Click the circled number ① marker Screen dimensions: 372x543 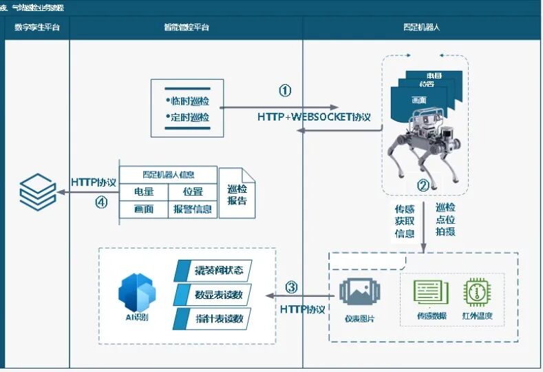(x=285, y=91)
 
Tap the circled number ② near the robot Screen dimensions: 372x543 (x=423, y=185)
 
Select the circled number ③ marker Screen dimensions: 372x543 (x=291, y=287)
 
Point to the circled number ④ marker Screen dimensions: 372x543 (x=101, y=203)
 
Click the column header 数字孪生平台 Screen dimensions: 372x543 (x=37, y=28)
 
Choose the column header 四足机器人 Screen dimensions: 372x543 (x=422, y=28)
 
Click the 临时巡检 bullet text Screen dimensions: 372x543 (x=189, y=101)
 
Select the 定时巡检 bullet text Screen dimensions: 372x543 (x=189, y=118)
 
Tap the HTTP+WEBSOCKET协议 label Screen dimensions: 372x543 (x=314, y=117)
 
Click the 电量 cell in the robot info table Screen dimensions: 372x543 (x=144, y=192)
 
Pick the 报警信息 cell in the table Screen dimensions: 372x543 (x=193, y=209)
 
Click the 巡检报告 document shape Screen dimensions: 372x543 (x=237, y=196)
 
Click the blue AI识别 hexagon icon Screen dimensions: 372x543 (x=138, y=293)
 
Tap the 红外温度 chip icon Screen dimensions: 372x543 (x=477, y=293)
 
